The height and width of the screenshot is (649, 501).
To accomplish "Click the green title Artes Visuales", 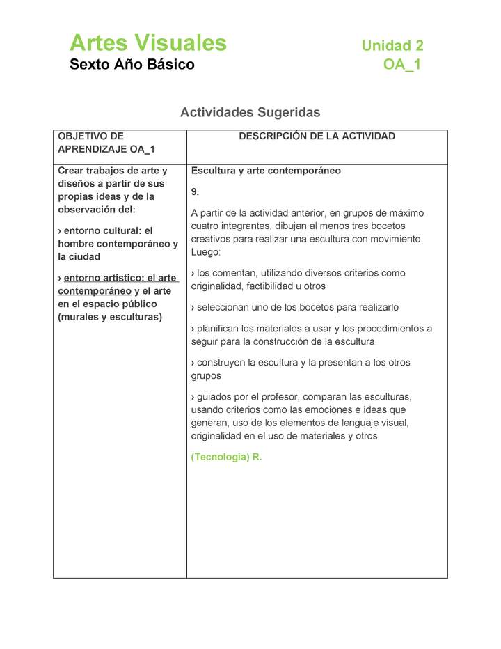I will pos(148,43).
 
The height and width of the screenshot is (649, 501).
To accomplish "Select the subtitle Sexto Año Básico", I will pos(132,65).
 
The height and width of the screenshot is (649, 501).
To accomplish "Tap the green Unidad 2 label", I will pos(392,46).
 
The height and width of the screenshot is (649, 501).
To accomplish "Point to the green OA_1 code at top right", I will pos(401,65).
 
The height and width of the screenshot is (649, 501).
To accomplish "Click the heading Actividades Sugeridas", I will pos(250,112).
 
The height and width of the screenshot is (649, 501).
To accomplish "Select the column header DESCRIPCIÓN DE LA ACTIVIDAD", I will pos(317,136).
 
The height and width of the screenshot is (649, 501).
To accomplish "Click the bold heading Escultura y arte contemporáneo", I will pos(266,171).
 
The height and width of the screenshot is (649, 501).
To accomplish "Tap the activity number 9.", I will pos(196,191).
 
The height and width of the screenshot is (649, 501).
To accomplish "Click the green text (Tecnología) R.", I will pos(226,458).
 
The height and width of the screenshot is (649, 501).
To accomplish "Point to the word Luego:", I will pos(206,252).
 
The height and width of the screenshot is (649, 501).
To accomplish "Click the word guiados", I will pos(216,397).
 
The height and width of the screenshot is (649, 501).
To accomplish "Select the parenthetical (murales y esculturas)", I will pos(110,317).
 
